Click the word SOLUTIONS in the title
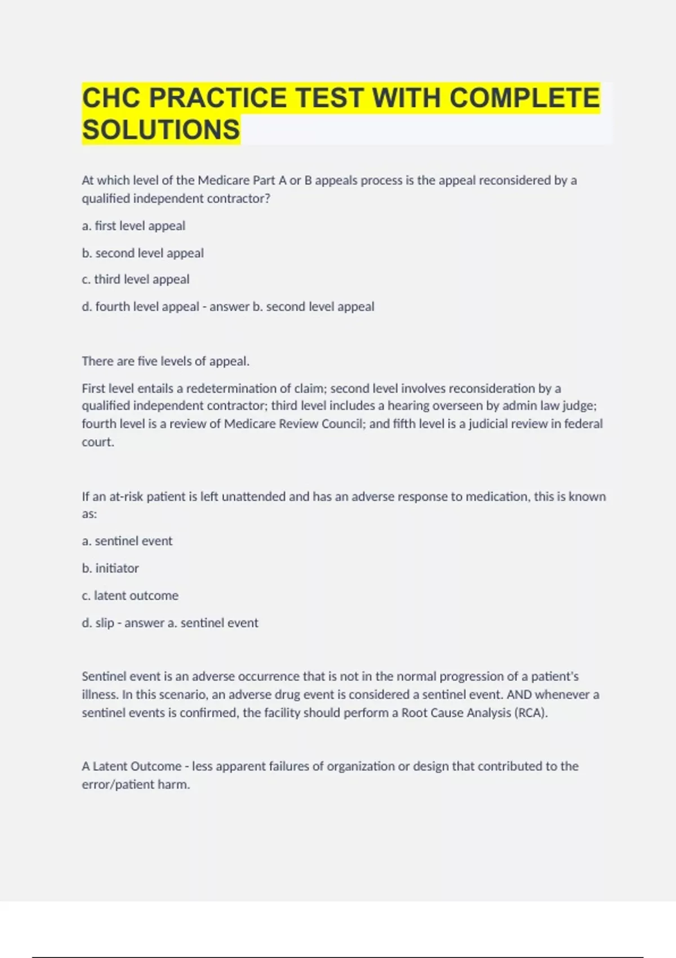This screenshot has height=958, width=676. coord(161,130)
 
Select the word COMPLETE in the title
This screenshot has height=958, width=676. coord(524,98)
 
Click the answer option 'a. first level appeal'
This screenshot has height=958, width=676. coord(134,226)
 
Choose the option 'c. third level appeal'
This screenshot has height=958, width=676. coord(136,280)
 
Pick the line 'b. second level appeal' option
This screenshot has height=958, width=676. coord(143,253)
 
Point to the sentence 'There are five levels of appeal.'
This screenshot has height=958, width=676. coord(166,361)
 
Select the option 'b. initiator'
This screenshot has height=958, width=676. coord(110,568)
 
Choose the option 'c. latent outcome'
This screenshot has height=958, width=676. coord(130,596)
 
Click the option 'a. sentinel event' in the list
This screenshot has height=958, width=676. coord(127,541)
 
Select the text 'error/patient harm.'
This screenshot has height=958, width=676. coord(136,784)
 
